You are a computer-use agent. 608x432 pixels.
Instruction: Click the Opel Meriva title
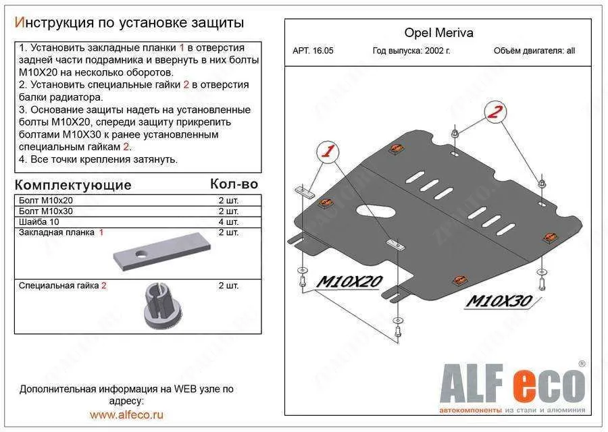click(438, 32)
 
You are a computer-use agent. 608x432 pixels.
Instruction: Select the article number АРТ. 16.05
click(313, 51)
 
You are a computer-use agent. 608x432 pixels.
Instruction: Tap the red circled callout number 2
click(496, 113)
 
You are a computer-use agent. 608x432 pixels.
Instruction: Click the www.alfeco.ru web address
click(126, 414)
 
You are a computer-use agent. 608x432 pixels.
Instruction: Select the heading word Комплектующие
click(73, 184)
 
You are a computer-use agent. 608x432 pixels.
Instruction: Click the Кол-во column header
click(234, 184)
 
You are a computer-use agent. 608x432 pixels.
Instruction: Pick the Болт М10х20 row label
click(47, 200)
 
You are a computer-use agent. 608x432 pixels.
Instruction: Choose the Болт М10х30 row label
click(47, 211)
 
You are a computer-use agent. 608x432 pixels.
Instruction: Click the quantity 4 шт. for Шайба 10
click(228, 221)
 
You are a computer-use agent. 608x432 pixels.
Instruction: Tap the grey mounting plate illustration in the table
click(161, 253)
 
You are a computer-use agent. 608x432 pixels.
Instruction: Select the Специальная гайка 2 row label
click(63, 286)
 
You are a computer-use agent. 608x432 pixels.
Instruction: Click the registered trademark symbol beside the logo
click(582, 364)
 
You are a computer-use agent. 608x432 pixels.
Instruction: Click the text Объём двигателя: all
click(534, 51)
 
